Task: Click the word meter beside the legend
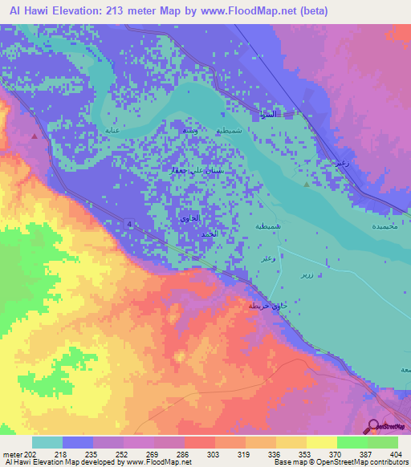(11, 455)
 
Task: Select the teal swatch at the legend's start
(47, 442)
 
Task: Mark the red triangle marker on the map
(34, 136)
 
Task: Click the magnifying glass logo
(374, 427)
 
